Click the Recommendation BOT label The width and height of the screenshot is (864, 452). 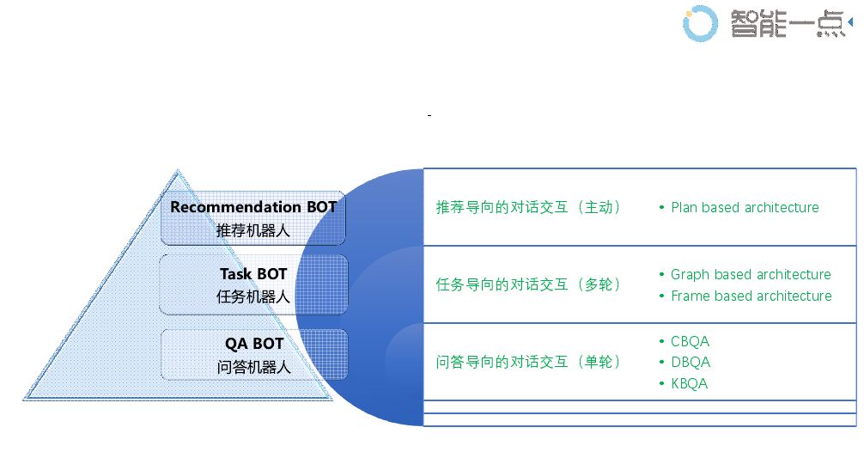coord(253,207)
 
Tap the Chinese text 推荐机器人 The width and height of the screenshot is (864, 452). coord(253,229)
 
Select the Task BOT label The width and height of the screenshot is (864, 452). coord(253,274)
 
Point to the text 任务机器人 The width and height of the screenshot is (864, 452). coord(253,296)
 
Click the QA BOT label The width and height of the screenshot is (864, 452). coord(254,344)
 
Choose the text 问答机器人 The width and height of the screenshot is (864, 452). coord(254,367)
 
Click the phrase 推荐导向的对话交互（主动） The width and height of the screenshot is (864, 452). coord(529,207)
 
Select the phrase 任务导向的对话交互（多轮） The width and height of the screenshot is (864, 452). coord(529,284)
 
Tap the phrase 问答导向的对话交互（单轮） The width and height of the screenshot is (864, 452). coord(529,362)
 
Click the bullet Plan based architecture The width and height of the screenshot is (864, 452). coord(745,207)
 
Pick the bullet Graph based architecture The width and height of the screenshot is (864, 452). coord(751,274)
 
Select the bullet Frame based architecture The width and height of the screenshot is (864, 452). coord(751,296)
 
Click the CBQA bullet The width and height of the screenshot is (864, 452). coord(690,341)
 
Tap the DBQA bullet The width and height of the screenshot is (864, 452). coord(691,362)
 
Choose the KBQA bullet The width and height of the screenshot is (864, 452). coord(690,383)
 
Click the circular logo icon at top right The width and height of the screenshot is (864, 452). coord(700,23)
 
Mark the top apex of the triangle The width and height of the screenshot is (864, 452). coord(177,170)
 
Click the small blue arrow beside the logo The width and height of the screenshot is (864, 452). coord(850,21)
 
